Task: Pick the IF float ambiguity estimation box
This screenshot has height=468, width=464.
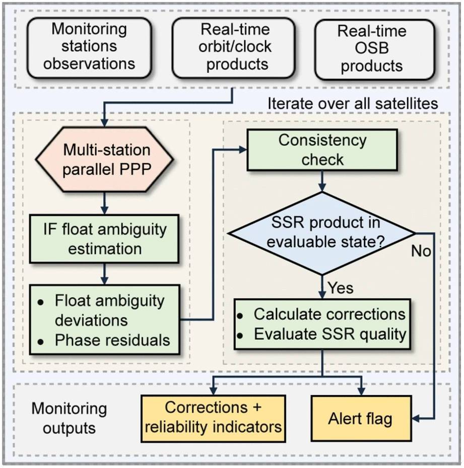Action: [x=104, y=239]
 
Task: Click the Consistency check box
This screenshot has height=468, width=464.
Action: [x=322, y=150]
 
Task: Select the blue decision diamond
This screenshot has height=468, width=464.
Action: [x=322, y=233]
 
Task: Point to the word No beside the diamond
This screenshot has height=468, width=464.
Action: [x=421, y=250]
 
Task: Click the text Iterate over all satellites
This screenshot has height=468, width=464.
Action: [x=352, y=104]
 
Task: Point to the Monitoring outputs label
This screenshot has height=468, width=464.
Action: [x=69, y=418]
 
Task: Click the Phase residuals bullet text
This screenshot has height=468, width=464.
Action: [x=112, y=340]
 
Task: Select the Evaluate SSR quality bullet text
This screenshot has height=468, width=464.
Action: [x=329, y=334]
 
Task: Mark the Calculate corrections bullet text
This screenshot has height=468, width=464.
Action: [x=329, y=314]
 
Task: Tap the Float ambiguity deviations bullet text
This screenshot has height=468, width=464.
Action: [x=109, y=310]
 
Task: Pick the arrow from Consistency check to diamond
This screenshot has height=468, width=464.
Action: [x=322, y=180]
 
